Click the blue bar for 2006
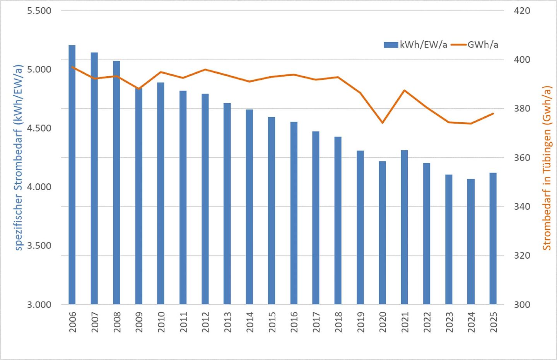point(72,174)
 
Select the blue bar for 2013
point(227,203)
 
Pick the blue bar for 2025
point(493,238)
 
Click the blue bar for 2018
point(338,220)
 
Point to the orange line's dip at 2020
point(383,123)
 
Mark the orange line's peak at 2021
point(404,90)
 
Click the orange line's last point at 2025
point(493,114)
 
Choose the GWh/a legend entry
point(475,45)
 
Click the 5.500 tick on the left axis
point(39,11)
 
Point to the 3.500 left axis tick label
point(39,246)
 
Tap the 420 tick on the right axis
point(522,11)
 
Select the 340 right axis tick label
point(522,206)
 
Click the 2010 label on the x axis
point(161,322)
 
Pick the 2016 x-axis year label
point(294,322)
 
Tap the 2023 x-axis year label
point(449,322)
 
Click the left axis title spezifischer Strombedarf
point(18,157)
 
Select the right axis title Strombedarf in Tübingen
point(546,168)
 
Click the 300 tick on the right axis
point(522,305)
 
